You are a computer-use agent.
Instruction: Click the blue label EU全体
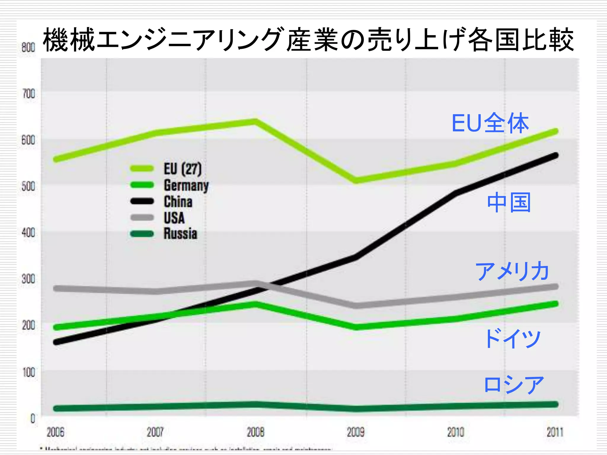[x=490, y=123]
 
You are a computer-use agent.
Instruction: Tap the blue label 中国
[x=509, y=202]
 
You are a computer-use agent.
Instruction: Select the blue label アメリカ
[x=512, y=271]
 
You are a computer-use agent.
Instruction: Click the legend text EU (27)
[x=183, y=169]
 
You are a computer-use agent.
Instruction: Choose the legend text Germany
[x=186, y=186]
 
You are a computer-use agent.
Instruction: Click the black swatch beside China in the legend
[x=142, y=201]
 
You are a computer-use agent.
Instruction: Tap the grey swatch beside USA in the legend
[x=142, y=218]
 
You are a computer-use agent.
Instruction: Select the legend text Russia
[x=180, y=234]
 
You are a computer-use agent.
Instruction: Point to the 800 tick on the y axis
[x=28, y=47]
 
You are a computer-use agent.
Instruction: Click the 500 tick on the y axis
[x=28, y=187]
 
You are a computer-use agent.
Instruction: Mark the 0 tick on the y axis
[x=33, y=419]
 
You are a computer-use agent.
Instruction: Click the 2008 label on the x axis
[x=255, y=432]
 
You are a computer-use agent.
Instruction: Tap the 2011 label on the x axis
[x=555, y=432]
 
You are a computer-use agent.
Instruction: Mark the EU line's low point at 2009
[x=356, y=180]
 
